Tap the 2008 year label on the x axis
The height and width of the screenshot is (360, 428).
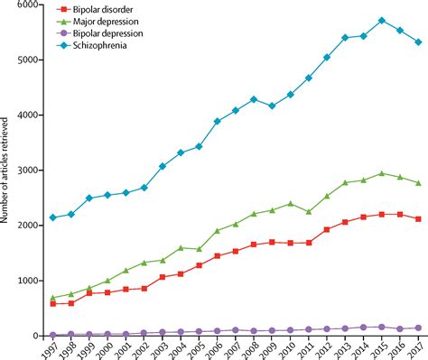pos(253,348)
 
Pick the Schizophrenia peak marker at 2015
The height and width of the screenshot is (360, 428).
pos(382,21)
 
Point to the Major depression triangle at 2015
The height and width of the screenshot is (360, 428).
pos(382,172)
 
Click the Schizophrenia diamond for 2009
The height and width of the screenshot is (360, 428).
pos(272,106)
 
